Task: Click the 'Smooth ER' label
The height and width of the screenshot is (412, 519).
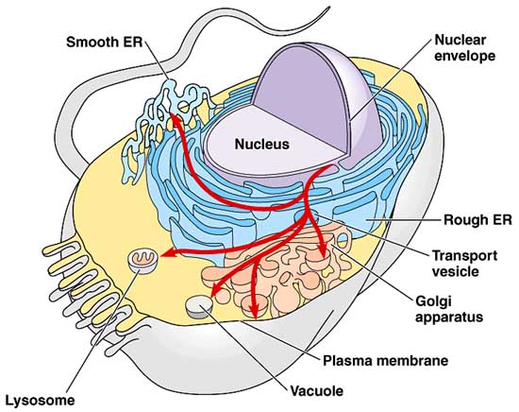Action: click(106, 43)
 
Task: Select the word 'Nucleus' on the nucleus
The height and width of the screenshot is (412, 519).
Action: click(261, 145)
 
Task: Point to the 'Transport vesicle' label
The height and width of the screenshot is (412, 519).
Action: click(464, 263)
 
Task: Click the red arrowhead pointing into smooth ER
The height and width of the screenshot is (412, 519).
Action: click(176, 120)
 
